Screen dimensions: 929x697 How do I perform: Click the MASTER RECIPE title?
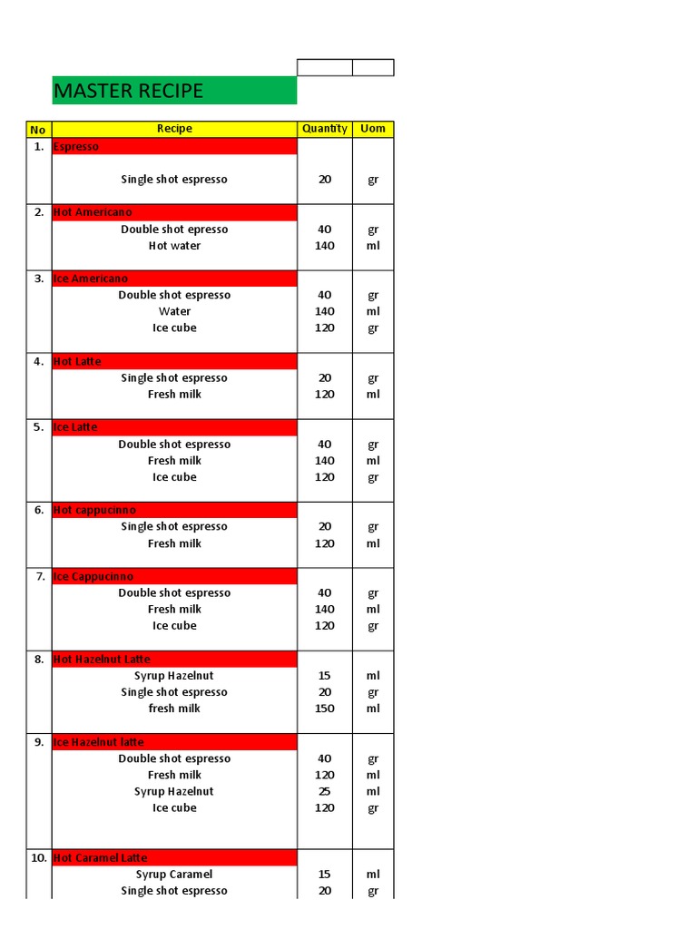(128, 91)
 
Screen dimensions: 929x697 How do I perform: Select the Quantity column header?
(325, 129)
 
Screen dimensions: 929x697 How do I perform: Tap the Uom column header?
(373, 129)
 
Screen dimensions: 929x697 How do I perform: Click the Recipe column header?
(174, 129)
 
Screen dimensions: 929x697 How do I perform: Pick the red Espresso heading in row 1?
(76, 146)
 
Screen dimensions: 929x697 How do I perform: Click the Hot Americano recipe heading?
(93, 212)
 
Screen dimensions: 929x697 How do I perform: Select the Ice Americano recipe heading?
(91, 279)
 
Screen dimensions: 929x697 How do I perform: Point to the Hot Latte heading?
(78, 361)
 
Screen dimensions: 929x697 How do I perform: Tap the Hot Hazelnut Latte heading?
(102, 659)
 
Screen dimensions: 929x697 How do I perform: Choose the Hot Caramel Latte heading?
(100, 857)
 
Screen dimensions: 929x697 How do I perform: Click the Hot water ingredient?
(174, 246)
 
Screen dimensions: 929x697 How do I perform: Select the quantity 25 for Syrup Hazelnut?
(325, 791)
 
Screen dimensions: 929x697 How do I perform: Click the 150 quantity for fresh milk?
(325, 709)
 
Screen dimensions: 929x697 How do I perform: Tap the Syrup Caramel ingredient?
(174, 875)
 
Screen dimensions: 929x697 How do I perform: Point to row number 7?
(39, 576)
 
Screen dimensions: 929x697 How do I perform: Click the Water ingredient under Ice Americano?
(174, 311)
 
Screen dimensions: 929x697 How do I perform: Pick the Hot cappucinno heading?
(95, 510)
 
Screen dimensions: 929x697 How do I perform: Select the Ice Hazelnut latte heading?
(99, 742)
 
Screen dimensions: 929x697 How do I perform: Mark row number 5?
(39, 427)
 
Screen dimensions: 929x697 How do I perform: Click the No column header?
(39, 129)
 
